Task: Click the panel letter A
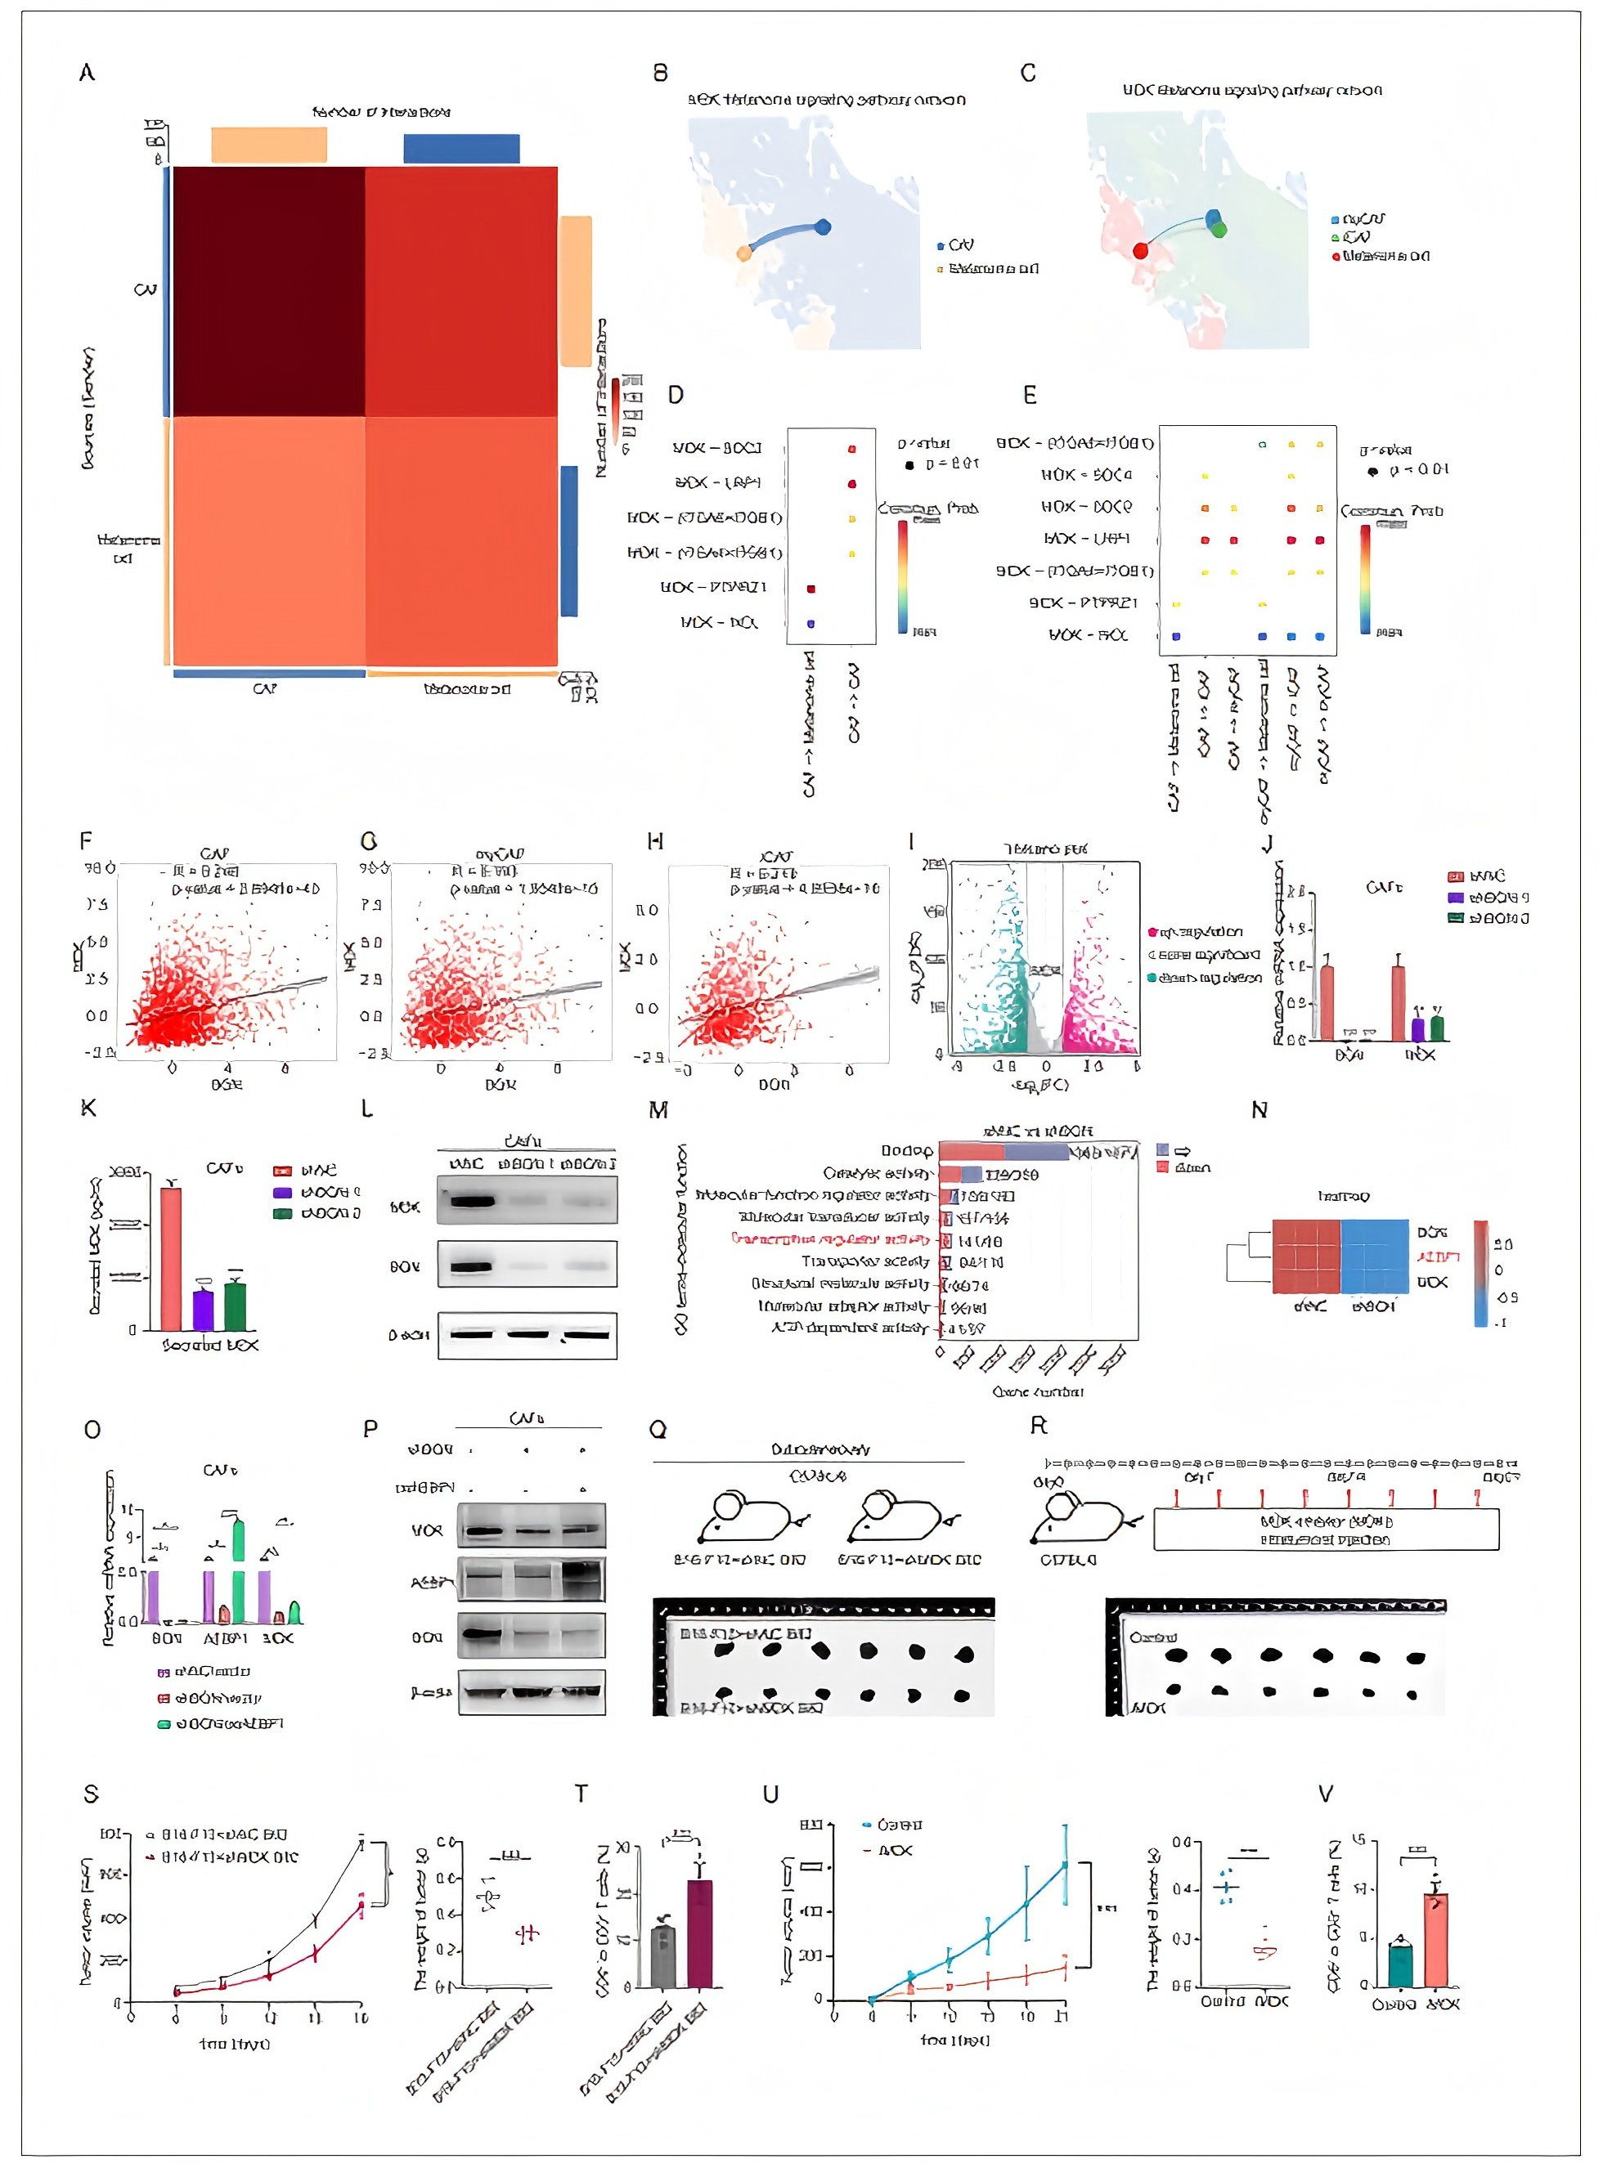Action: click(88, 73)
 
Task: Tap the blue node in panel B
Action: click(823, 227)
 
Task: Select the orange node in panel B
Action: click(744, 253)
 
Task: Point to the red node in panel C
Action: click(1141, 250)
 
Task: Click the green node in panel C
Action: click(1219, 230)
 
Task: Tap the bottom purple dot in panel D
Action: click(811, 623)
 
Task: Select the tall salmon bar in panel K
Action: click(171, 1258)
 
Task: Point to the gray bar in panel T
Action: click(662, 1955)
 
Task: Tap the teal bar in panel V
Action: click(1400, 1964)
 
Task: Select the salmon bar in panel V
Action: click(1436, 1939)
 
